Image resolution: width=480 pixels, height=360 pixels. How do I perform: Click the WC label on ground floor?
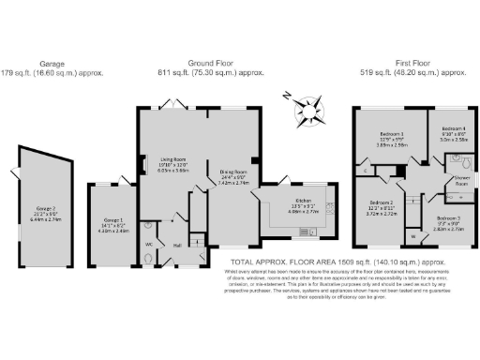coord(148,244)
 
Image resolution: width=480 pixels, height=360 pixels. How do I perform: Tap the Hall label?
coord(176,246)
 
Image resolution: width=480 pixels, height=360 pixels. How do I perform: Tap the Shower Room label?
coord(461,180)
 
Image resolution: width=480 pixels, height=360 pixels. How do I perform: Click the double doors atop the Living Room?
coord(171,102)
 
